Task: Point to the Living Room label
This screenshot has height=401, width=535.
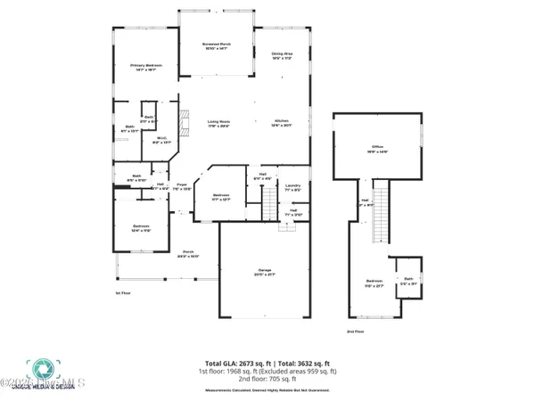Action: point(220,123)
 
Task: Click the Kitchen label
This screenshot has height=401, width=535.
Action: point(282,123)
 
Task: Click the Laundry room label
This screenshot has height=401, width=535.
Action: point(292,187)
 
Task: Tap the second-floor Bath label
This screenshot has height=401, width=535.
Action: point(408,280)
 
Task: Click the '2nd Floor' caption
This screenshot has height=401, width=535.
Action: point(355,331)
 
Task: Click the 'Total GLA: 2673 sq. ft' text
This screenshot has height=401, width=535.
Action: point(236,364)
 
